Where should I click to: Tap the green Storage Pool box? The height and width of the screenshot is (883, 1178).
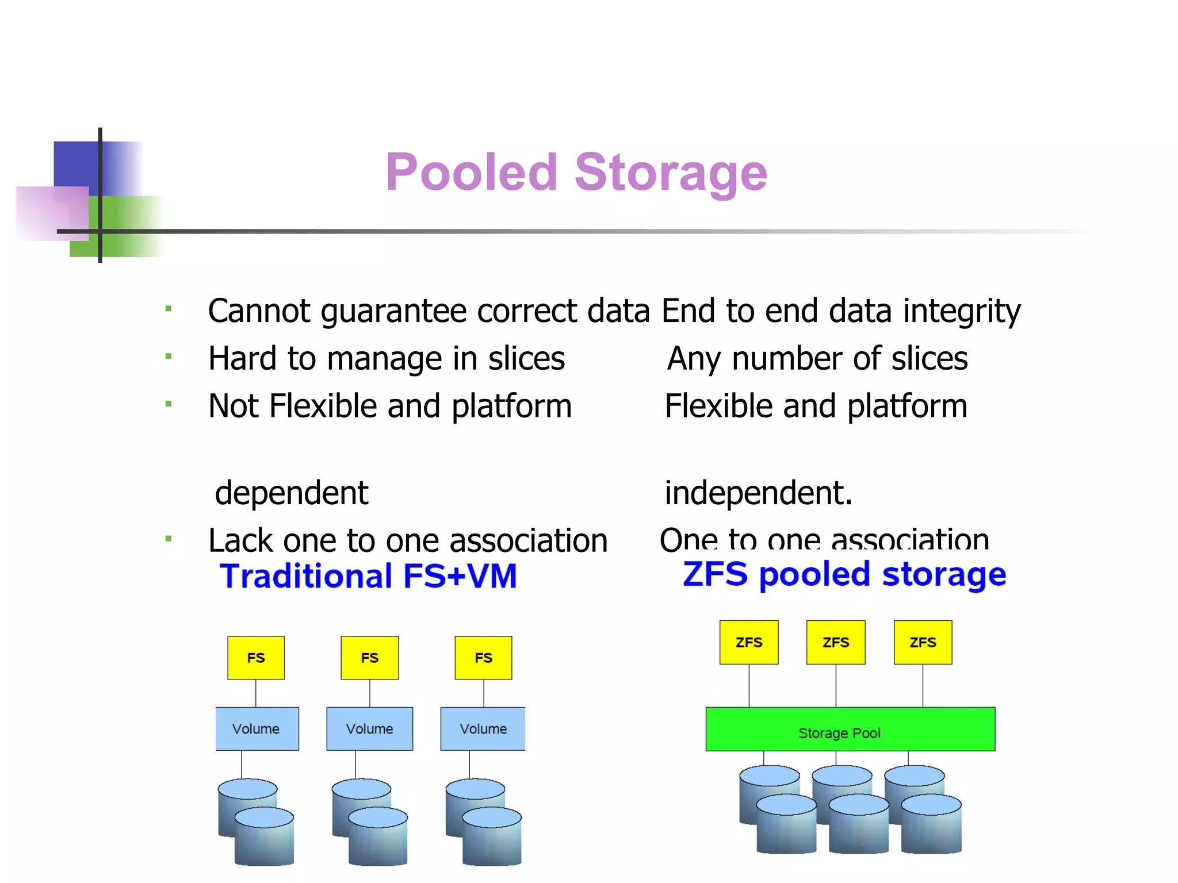pyautogui.click(x=850, y=729)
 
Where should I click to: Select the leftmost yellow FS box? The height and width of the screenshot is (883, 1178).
pyautogui.click(x=256, y=658)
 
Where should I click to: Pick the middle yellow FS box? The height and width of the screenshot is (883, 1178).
pyautogui.click(x=369, y=658)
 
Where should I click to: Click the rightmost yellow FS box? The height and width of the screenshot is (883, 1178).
pyautogui.click(x=483, y=658)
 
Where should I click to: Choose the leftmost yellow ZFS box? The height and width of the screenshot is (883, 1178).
pyautogui.click(x=749, y=642)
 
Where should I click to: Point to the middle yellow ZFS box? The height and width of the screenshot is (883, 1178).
pyautogui.click(x=836, y=642)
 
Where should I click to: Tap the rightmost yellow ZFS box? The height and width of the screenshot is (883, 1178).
pyautogui.click(x=923, y=642)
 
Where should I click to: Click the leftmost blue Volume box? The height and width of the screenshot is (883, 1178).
pyautogui.click(x=257, y=728)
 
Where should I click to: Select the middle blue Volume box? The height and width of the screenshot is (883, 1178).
pyautogui.click(x=369, y=728)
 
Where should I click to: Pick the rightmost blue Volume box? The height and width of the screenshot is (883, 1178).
pyautogui.click(x=483, y=728)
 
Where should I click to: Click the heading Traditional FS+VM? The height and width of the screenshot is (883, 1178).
pyautogui.click(x=368, y=576)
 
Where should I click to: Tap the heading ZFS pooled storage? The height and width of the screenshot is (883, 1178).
pyautogui.click(x=844, y=574)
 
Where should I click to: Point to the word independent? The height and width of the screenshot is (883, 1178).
pyautogui.click(x=758, y=493)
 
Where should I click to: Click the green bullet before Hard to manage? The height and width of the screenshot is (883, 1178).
pyautogui.click(x=169, y=356)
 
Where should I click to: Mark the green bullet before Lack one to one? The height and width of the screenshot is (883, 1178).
pyautogui.click(x=169, y=539)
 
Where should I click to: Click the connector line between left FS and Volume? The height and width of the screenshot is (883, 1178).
pyautogui.click(x=256, y=693)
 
